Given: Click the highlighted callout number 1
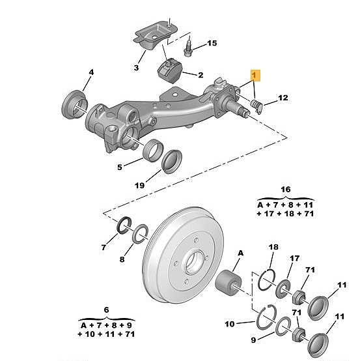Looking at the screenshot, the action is coord(255,75).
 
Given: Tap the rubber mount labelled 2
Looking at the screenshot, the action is coord(170,72).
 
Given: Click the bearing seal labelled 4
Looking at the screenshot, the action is coord(74,105).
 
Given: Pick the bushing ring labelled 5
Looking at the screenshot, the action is coord(152,151).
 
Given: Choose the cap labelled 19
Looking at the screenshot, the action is coord(172,162).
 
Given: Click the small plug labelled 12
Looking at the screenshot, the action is coord(256,106).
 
